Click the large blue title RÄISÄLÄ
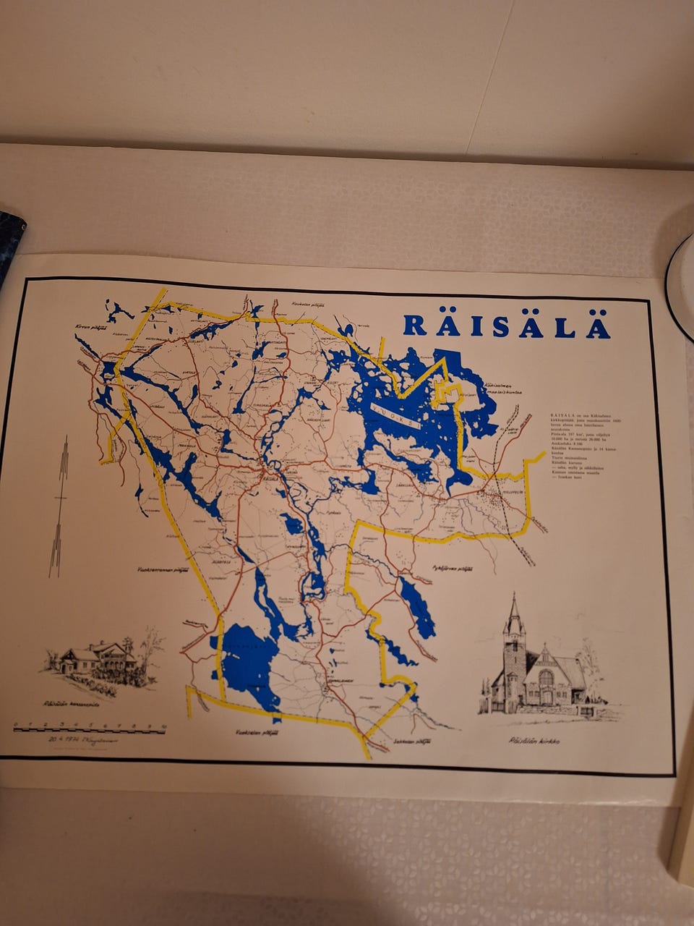pyautogui.click(x=506, y=326)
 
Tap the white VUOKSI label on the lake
pyautogui.click(x=395, y=417)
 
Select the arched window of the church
pyautogui.click(x=546, y=679)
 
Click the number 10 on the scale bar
pyautogui.click(x=165, y=724)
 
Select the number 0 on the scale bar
pyautogui.click(x=15, y=724)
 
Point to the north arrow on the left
pyautogui.click(x=59, y=506)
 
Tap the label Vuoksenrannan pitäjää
pyautogui.click(x=163, y=569)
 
